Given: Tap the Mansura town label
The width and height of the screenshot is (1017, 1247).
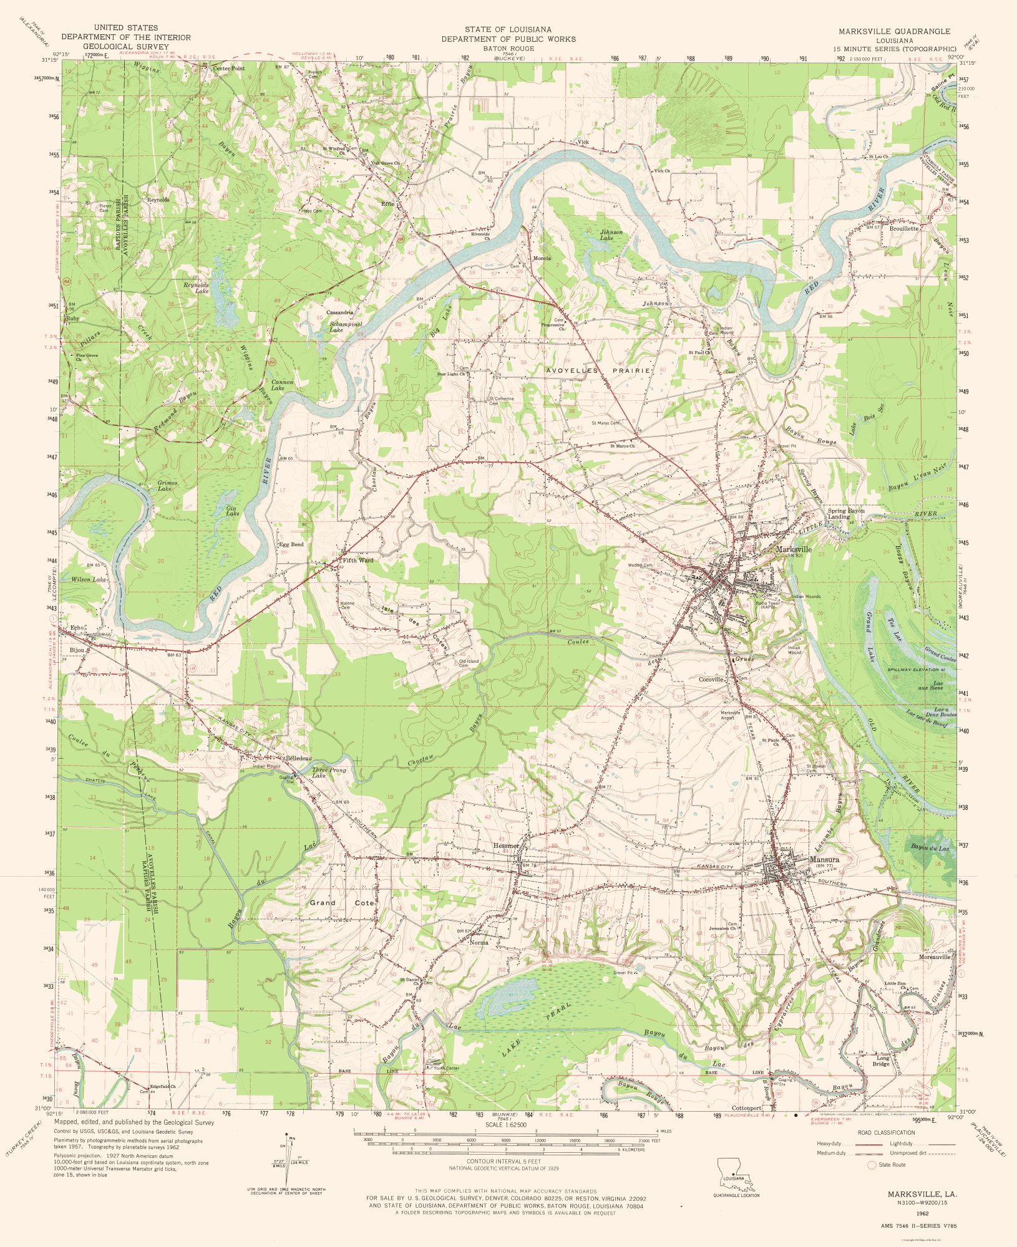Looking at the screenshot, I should click(x=824, y=859).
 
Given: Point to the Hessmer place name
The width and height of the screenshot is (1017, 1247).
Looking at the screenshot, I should click(x=506, y=845).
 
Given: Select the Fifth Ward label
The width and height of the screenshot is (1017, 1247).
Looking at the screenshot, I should click(x=358, y=560).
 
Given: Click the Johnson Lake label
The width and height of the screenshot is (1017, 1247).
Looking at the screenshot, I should click(x=611, y=234).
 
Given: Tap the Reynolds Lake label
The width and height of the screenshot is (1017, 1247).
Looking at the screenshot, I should click(x=196, y=287).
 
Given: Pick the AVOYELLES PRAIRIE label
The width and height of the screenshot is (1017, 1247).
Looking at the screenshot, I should click(x=598, y=370).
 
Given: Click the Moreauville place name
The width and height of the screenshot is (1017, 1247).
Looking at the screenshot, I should click(x=935, y=956).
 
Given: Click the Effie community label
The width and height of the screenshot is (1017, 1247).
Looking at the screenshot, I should click(x=388, y=203).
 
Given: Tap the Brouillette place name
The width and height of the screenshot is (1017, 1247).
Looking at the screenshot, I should click(x=904, y=229).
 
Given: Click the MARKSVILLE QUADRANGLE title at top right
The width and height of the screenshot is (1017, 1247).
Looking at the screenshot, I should click(x=894, y=31).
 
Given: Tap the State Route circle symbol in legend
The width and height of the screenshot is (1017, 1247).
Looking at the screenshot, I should click(x=872, y=1165).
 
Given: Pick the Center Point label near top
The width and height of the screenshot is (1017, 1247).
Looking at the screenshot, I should click(x=228, y=68).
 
